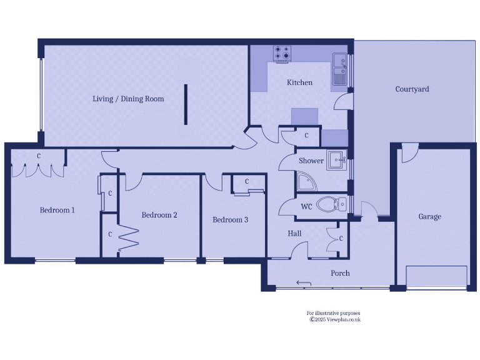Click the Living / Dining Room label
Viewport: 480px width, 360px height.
[x=128, y=99]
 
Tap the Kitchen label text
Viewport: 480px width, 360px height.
[x=299, y=82]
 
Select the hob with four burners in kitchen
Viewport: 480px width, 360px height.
[x=281, y=52]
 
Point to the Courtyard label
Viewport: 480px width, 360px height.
[x=412, y=89]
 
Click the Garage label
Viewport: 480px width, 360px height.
[x=429, y=217]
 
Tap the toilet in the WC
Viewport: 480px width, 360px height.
[x=331, y=204]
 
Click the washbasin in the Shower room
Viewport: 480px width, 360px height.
[x=337, y=160]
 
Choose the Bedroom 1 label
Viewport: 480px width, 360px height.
[x=57, y=210]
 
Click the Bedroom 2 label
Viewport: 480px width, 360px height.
[x=159, y=215]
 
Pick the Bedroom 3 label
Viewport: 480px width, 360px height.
[x=230, y=220]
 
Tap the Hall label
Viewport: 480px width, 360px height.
[x=294, y=234]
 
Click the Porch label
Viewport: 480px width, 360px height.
[x=340, y=273]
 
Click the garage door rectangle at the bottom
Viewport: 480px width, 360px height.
[x=436, y=276]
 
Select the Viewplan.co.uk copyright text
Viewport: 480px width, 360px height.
[x=336, y=319]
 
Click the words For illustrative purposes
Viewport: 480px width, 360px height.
[x=333, y=313]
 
